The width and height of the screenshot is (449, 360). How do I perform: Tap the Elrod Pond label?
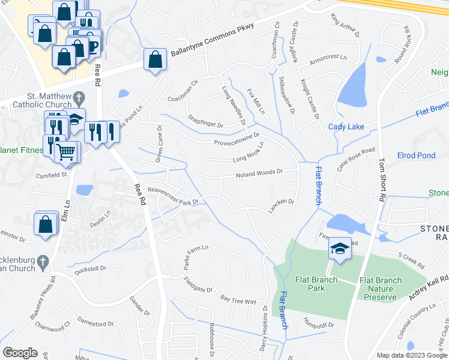click(416, 155)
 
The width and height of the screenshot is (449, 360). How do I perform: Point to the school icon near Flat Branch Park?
click(339, 248)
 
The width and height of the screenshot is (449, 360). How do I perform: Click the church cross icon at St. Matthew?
click(78, 97)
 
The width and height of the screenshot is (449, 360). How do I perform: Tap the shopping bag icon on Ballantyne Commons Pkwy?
click(155, 59)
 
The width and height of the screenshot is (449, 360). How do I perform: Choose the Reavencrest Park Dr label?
click(173, 195)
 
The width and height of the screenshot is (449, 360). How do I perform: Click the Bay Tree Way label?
click(238, 300)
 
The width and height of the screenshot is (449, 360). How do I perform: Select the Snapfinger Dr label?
click(205, 122)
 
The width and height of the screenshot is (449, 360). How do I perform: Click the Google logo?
click(20, 353)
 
